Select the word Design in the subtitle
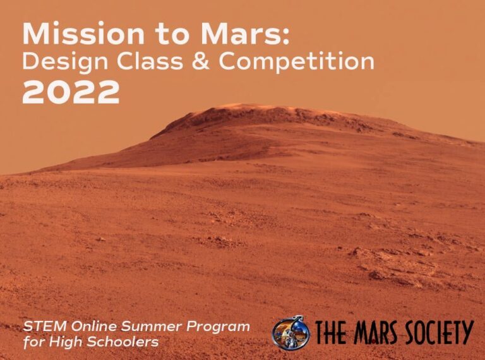65,62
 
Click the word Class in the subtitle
150,61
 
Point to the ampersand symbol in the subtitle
201,61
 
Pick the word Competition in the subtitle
297,61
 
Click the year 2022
71,92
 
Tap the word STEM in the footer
45,327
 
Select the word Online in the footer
93,327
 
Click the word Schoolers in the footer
123,342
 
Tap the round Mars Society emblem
290,333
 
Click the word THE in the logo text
330,332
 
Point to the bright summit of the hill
244,107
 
